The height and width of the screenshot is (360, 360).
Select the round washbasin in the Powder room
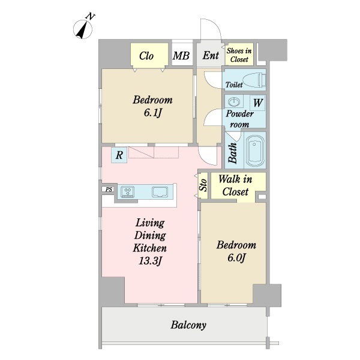tap(234, 101)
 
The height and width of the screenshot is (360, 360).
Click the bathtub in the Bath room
tap(254, 150)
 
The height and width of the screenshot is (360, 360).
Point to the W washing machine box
tap(257, 103)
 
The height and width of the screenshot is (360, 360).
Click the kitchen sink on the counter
tap(160, 192)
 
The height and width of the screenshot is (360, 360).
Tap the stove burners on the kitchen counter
tap(128, 192)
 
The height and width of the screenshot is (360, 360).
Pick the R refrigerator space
tap(119, 155)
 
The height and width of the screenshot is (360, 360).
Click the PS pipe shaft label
tap(109, 190)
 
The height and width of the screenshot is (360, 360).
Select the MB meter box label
tap(181, 56)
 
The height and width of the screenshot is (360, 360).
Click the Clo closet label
tap(146, 56)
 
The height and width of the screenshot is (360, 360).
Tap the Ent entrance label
tap(211, 55)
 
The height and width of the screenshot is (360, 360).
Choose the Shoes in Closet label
tap(239, 55)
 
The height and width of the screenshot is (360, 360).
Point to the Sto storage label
tap(203, 185)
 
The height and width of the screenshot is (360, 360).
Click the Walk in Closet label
tap(235, 185)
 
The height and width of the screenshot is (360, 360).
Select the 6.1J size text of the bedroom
tap(152, 113)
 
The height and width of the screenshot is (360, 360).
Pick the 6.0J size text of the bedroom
tap(236, 257)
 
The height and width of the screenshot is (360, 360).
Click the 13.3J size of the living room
tap(150, 261)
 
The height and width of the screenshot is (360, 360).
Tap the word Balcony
tap(188, 325)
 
